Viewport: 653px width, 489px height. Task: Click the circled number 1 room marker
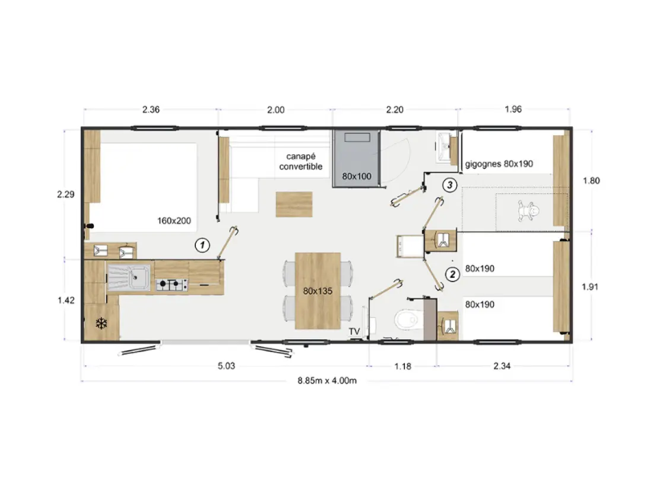[202, 245]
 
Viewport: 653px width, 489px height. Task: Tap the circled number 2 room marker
[452, 274]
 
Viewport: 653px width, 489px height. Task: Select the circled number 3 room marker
[450, 184]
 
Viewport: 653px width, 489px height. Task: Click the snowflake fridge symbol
[102, 323]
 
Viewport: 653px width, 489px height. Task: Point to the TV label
[354, 331]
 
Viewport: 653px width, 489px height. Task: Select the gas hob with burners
[172, 285]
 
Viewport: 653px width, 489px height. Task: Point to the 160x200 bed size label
[174, 221]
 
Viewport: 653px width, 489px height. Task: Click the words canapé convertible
[301, 161]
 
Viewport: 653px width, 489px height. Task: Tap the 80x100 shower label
[357, 176]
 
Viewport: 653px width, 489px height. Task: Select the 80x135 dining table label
[318, 291]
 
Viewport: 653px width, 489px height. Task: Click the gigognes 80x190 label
[499, 164]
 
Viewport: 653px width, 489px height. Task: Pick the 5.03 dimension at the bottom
[226, 366]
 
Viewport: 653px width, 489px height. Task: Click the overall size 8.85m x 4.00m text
[327, 381]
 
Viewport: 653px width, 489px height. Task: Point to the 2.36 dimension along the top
[151, 110]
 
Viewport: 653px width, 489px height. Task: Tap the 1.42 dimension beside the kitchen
[66, 301]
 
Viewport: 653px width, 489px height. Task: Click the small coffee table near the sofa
[294, 204]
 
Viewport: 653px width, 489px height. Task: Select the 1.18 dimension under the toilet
[402, 366]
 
